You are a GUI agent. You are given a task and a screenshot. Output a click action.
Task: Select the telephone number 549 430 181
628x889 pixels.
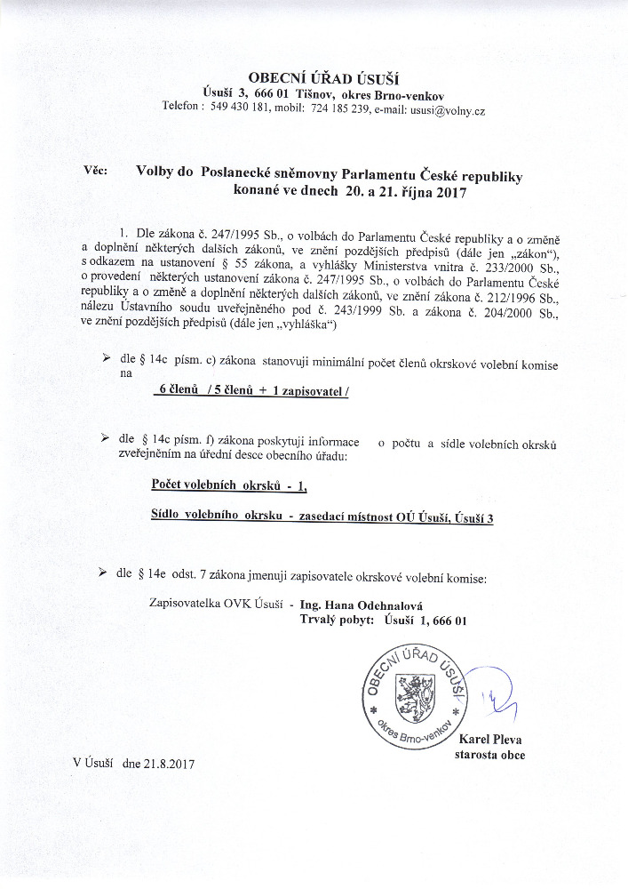[242, 109]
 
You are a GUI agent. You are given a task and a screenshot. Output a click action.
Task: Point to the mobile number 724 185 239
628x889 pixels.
[335, 109]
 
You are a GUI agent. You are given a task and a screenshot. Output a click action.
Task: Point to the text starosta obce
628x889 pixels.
[489, 756]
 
